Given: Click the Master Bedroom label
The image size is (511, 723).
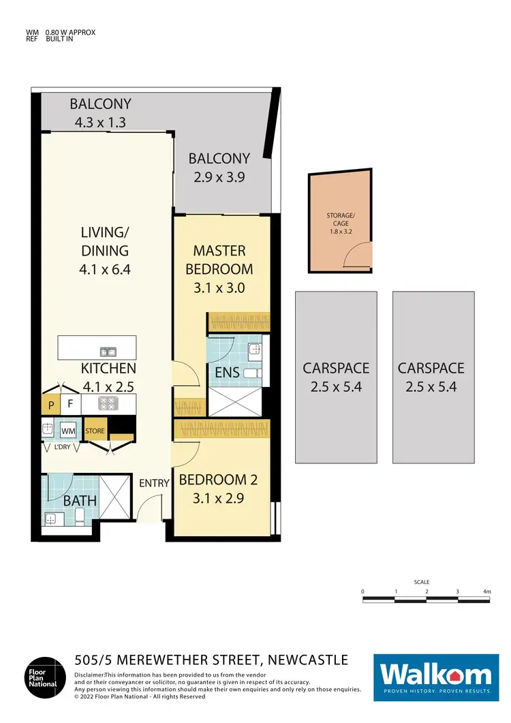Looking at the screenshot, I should tap(219, 260).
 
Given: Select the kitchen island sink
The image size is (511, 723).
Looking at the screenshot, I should tap(107, 352).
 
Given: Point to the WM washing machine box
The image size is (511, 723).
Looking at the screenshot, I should tap(67, 431).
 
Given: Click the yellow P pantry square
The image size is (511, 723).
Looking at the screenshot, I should tap(50, 404).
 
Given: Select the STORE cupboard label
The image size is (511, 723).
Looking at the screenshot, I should tap(95, 431).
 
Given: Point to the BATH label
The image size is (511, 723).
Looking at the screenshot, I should tap(80, 501).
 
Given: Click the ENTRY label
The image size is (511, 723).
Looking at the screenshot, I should tap(154, 482).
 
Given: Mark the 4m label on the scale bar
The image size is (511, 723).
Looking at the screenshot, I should tap(486, 591).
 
